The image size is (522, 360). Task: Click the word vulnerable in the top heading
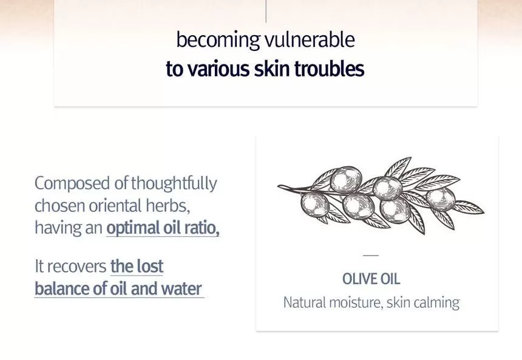tap(310, 39)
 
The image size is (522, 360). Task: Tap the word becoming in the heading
tap(218, 41)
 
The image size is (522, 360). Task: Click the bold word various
tap(219, 69)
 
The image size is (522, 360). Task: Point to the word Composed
tap(72, 184)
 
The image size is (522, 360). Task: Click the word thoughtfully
tap(174, 184)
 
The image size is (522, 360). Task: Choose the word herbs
tap(168, 206)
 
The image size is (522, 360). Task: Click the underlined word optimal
tap(133, 228)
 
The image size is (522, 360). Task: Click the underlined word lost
tap(149, 266)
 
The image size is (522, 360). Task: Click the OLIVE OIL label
tap(371, 279)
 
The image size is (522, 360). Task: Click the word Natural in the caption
tap(305, 303)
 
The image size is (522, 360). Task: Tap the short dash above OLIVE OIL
tap(371, 255)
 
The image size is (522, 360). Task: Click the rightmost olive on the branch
tap(441, 200)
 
